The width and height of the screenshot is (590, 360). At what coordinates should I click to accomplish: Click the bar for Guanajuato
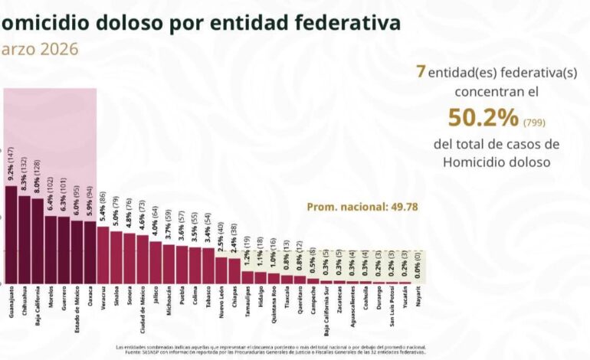point(11,234)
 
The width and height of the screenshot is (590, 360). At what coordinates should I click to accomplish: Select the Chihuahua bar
point(25,240)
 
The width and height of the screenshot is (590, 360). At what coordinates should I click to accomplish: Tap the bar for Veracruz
point(103,255)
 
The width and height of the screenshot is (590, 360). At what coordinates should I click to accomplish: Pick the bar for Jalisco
point(156,263)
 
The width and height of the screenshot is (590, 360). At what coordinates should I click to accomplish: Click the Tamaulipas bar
point(247,277)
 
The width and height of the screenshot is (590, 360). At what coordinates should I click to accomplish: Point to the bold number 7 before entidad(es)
point(421,70)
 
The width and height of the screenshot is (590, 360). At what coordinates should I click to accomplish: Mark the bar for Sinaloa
point(116,257)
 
